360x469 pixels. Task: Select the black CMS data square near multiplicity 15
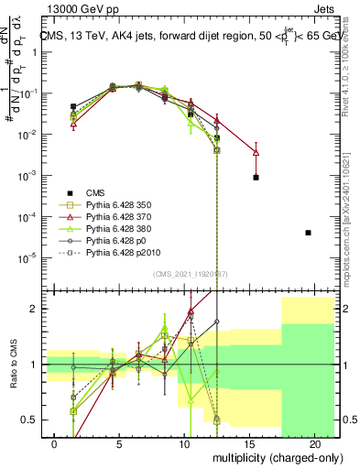(x=256, y=177)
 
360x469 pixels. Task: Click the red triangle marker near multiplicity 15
(x=256, y=152)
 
